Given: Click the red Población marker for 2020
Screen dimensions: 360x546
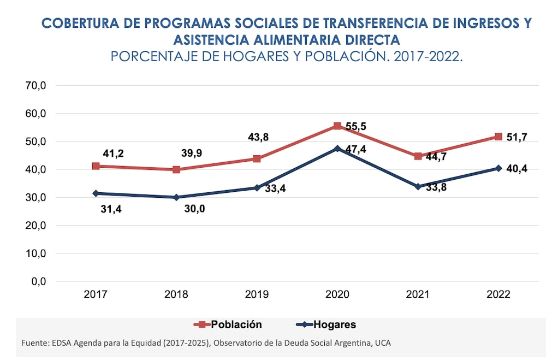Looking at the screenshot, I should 337,126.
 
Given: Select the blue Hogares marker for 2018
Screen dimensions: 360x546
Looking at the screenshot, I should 176,197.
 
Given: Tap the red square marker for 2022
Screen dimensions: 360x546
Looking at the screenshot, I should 498,137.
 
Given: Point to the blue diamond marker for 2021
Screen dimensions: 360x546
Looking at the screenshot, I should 418,186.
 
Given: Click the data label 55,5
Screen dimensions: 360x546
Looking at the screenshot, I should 356,127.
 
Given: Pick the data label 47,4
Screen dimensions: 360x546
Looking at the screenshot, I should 356,149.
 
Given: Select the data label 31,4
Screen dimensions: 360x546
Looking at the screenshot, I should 112,208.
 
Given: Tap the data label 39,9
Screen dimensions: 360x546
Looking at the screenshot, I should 191,153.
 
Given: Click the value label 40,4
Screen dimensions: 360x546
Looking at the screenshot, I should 517,169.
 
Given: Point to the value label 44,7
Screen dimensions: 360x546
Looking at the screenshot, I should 436,157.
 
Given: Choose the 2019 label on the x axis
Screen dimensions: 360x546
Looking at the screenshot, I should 257,294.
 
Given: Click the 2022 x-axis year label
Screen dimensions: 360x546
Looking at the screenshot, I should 498,294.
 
